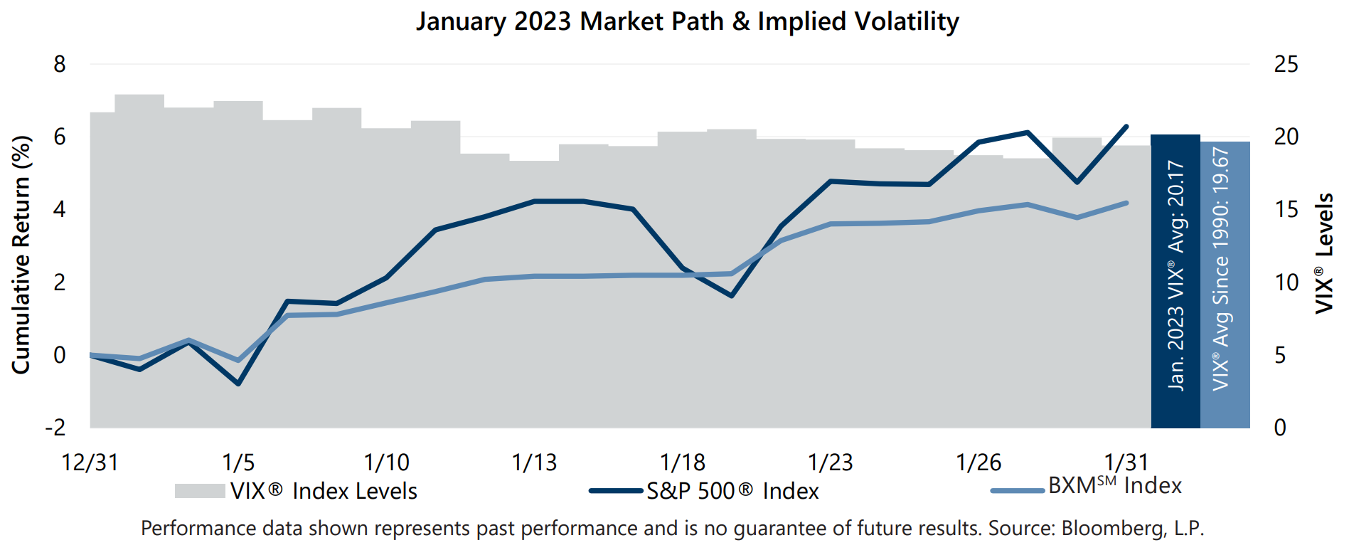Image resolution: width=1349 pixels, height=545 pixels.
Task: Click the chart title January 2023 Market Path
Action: click(687, 21)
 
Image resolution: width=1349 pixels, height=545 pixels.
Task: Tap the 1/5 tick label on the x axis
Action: click(238, 462)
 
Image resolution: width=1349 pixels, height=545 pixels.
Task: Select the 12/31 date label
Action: click(90, 462)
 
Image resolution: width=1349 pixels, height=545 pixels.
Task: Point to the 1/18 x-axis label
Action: click(683, 462)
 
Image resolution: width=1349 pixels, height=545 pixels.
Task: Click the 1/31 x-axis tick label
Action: click(1126, 462)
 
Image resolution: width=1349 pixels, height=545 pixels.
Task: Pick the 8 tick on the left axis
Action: click(60, 65)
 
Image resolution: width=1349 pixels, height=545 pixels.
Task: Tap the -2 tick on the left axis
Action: click(55, 428)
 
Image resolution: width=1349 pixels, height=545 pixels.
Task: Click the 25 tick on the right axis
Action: click(1286, 65)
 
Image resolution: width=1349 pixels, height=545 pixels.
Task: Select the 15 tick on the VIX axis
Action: click(1286, 210)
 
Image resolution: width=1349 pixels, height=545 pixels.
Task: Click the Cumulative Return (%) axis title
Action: click(21, 255)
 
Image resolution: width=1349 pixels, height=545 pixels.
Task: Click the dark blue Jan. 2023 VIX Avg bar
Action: click(1175, 281)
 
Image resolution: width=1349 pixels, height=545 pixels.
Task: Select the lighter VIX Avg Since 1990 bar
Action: click(1225, 285)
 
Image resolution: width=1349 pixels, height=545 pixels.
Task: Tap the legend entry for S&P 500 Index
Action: click(732, 491)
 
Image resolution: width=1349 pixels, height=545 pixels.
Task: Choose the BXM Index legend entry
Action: click(1114, 486)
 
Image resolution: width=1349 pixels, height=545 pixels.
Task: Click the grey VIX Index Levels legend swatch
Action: click(200, 491)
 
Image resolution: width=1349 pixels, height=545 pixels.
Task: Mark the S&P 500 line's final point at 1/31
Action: click(1126, 127)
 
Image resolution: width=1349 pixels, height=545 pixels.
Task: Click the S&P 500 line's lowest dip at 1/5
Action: click(238, 383)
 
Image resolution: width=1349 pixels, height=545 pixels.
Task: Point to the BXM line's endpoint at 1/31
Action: click(1126, 203)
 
